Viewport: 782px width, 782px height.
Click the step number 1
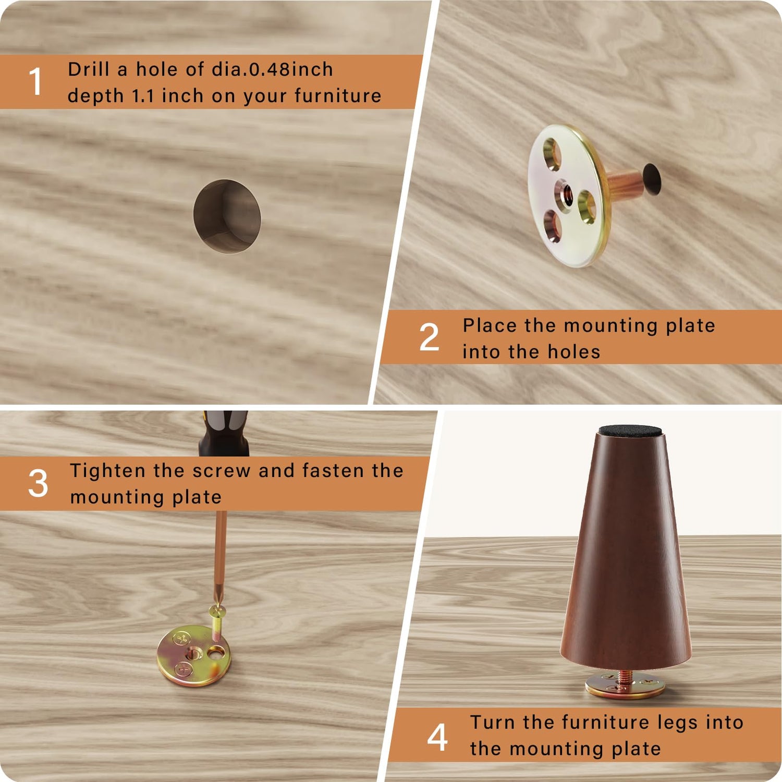tap(35, 82)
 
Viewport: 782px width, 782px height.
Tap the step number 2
tap(429, 337)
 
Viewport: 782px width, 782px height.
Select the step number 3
tap(38, 483)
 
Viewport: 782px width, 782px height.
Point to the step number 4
tap(437, 737)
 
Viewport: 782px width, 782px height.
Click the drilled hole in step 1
tap(227, 216)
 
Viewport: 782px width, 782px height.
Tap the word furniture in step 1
tap(338, 96)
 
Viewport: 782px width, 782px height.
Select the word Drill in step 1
tap(88, 69)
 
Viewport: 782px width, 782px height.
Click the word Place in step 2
tap(489, 326)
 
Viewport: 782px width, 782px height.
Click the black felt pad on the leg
tap(630, 431)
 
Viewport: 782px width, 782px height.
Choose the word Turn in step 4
tap(493, 723)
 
